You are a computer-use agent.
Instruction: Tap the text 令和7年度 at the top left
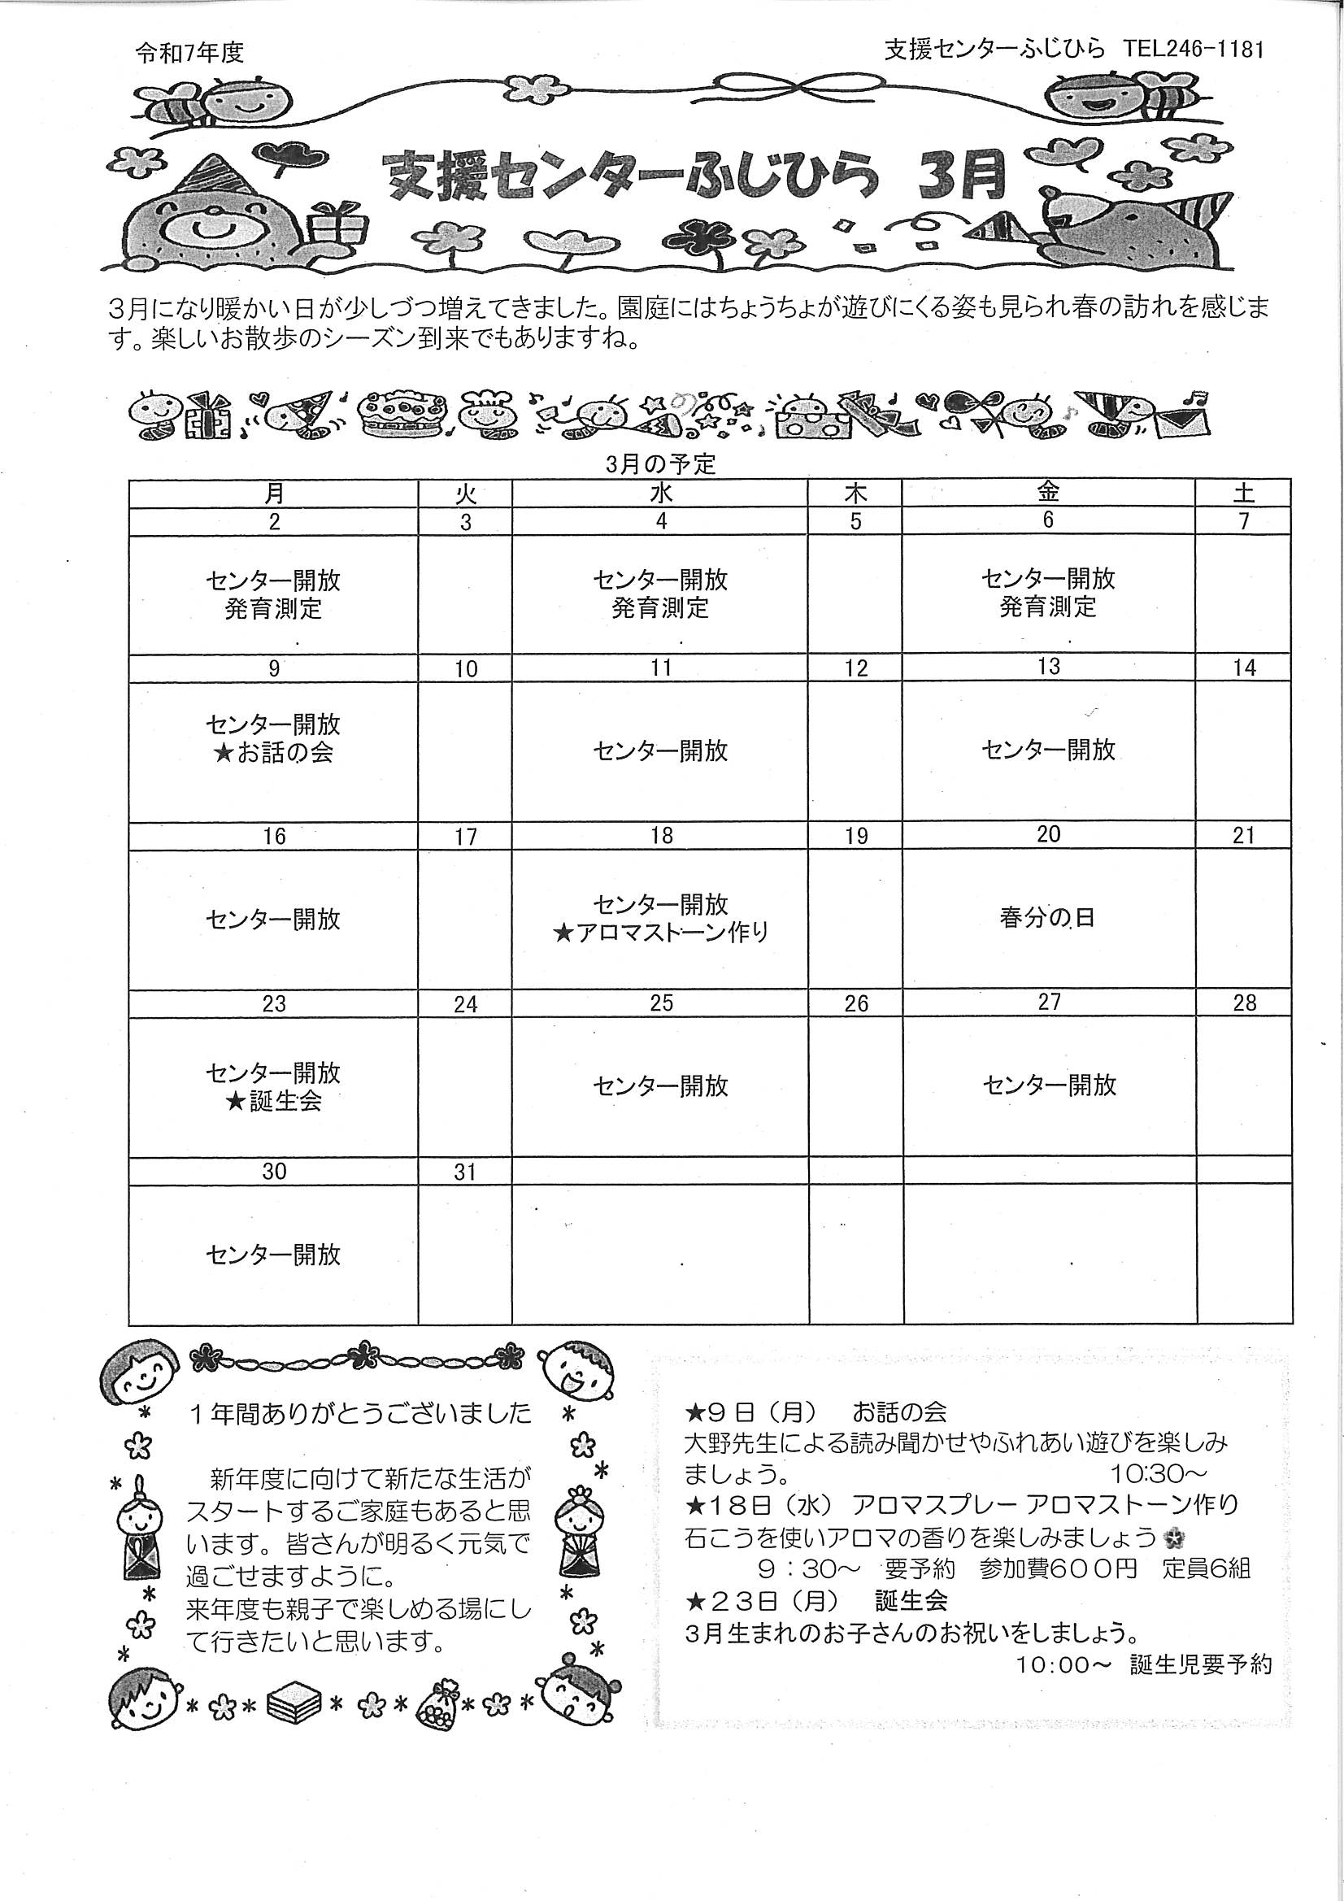pos(189,53)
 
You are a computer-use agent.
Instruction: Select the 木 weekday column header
pos(855,494)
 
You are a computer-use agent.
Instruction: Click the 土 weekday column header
pos(1243,494)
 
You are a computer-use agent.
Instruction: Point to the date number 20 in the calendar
pos(1047,833)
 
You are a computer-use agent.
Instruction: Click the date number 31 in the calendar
pos(465,1172)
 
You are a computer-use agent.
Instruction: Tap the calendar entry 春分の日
pos(1047,918)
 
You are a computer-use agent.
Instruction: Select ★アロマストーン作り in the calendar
pos(661,933)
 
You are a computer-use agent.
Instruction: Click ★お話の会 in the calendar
pos(273,754)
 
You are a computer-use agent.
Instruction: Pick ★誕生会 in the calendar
pos(273,1101)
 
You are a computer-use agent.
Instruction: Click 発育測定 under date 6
pos(1047,607)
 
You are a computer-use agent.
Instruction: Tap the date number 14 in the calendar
pos(1244,668)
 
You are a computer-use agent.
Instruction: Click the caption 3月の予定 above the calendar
pos(660,463)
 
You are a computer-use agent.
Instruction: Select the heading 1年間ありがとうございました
pos(360,1413)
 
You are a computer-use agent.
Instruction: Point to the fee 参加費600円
pos(1058,1569)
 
